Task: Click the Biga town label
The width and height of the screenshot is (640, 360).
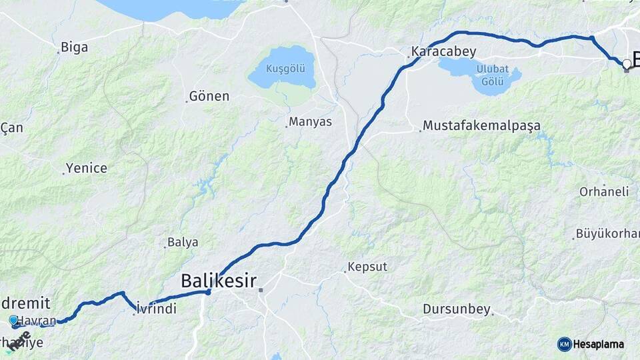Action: click(x=74, y=47)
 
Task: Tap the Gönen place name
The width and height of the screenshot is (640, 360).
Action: click(x=209, y=97)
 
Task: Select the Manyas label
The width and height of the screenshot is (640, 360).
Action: click(x=310, y=123)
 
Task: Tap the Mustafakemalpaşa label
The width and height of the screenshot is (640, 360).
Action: click(x=481, y=125)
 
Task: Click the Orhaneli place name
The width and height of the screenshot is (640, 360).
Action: click(x=604, y=191)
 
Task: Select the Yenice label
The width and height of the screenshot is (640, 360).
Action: click(x=87, y=169)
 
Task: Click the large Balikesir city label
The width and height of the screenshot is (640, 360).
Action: click(x=219, y=281)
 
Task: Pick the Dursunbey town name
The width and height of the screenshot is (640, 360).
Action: click(x=457, y=309)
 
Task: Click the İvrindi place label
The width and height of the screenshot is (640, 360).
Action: click(x=157, y=309)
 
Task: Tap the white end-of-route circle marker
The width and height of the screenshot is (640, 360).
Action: click(x=627, y=64)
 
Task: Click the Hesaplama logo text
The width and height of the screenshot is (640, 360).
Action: click(x=599, y=344)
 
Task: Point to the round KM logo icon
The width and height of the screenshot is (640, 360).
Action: click(x=565, y=344)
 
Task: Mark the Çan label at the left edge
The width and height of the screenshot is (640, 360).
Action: click(x=12, y=127)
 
